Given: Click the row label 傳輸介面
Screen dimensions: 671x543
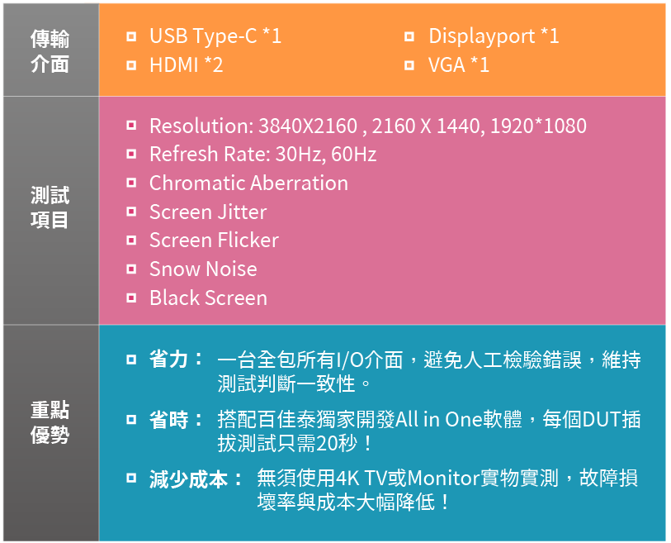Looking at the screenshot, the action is [50, 51].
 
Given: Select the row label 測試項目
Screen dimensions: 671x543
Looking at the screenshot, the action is [50, 207].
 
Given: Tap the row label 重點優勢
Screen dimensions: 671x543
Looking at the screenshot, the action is [50, 422].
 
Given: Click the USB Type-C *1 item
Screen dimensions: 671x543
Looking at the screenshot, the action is [215, 36].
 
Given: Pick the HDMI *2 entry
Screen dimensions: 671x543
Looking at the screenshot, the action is [187, 65].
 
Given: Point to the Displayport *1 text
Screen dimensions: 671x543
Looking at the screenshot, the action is [494, 36].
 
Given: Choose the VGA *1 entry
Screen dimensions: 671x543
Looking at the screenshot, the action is [459, 65].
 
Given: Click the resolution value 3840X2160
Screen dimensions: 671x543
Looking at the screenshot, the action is [308, 126].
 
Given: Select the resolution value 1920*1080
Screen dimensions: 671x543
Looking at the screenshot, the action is [538, 126].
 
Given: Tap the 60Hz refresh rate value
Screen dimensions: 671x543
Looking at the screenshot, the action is [354, 155].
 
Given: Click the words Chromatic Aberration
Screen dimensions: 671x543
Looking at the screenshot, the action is [248, 183].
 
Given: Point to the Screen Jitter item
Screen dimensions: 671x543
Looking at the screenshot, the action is [208, 212].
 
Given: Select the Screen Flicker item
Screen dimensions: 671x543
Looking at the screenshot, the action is [214, 241].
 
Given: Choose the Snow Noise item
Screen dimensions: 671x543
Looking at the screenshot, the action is [203, 269].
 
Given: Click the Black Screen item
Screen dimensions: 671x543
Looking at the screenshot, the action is [209, 298].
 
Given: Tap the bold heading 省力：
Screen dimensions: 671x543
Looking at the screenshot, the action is [177, 360].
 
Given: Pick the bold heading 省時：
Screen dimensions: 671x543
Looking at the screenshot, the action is [177, 420].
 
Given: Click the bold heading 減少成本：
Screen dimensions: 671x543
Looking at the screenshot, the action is [196, 479].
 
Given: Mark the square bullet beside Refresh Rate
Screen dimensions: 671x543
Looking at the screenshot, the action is [131, 154].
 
